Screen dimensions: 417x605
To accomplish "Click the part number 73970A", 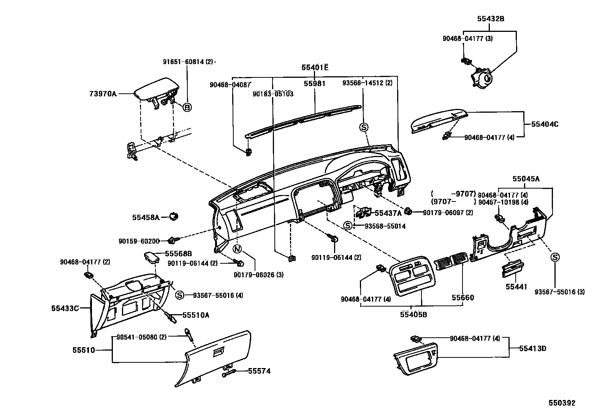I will pyautogui.click(x=103, y=93).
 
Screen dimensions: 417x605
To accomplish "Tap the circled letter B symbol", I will pyautogui.click(x=187, y=107).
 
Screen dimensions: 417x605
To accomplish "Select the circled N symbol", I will pyautogui.click(x=237, y=249).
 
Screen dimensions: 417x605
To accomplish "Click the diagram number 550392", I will pyautogui.click(x=562, y=403).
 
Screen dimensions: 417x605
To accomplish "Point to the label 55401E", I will pyautogui.click(x=315, y=68).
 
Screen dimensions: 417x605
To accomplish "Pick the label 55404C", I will pyautogui.click(x=545, y=124).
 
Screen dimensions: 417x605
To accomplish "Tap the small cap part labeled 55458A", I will pyautogui.click(x=174, y=217).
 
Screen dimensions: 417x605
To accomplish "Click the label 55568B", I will pyautogui.click(x=178, y=253).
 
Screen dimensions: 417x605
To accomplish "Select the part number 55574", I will pyautogui.click(x=259, y=371).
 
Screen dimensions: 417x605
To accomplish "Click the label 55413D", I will pyautogui.click(x=532, y=348).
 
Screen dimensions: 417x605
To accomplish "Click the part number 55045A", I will pyautogui.click(x=526, y=179).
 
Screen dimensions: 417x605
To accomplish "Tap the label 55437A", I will pyautogui.click(x=388, y=213).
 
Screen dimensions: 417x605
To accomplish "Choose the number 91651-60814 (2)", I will pyautogui.click(x=188, y=61).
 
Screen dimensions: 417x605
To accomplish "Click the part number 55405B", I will pyautogui.click(x=413, y=314).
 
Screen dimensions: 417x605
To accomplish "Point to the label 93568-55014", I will pyautogui.click(x=385, y=226).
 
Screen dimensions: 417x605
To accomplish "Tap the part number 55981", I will pyautogui.click(x=314, y=83).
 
